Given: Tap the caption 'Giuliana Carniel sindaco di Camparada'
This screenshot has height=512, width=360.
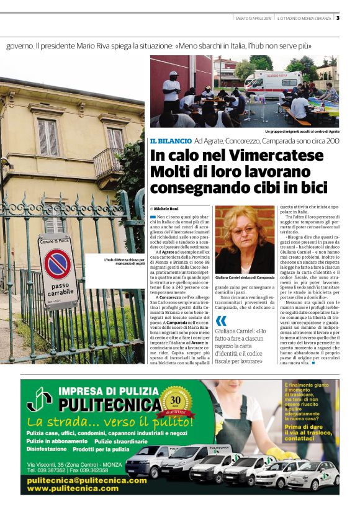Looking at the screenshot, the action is [245, 277].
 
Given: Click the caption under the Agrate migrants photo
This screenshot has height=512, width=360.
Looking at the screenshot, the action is [302, 131].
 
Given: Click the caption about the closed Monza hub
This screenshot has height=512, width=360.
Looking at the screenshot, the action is [125, 262].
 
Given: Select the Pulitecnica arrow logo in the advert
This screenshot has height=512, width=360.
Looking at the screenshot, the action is [40, 402].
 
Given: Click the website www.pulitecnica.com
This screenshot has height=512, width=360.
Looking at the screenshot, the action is [73, 488].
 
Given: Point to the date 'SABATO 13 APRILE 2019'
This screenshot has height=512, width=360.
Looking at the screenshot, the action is [253, 17].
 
